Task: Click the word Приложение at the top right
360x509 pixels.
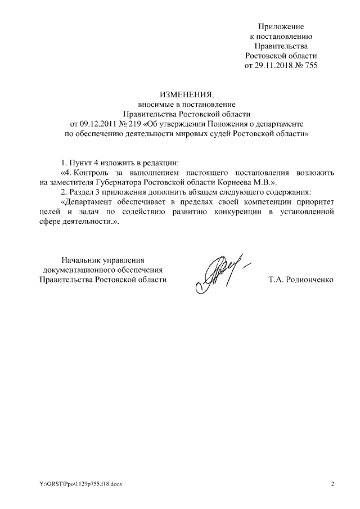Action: pyautogui.click(x=281, y=26)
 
